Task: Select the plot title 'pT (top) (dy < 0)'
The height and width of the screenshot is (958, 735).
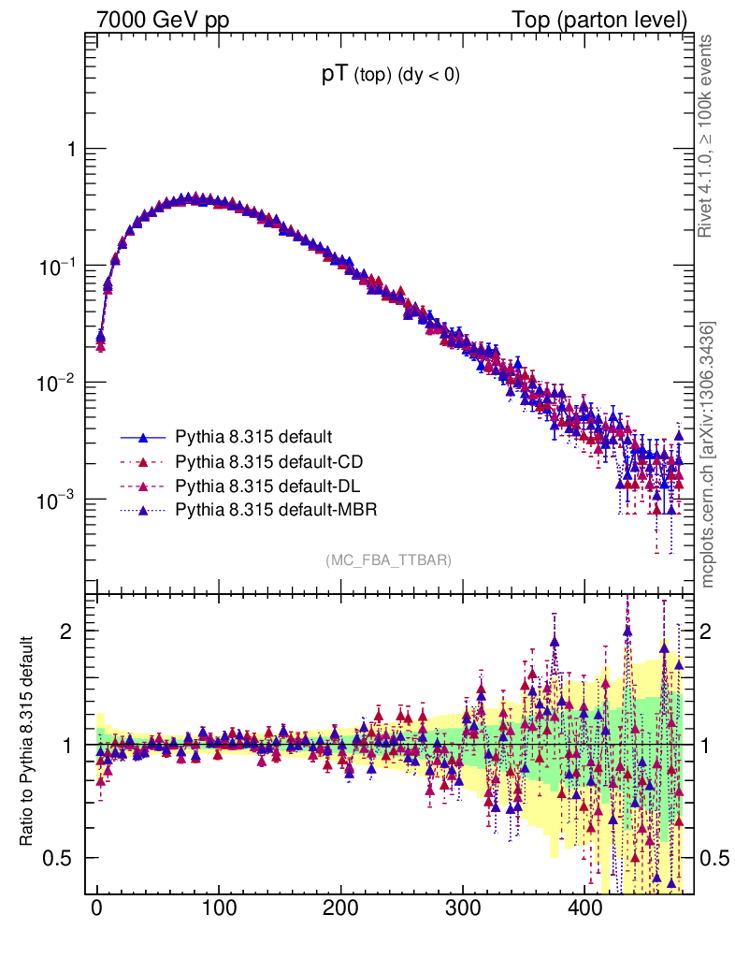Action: pos(390,77)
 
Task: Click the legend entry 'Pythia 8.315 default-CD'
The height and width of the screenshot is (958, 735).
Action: pos(268,461)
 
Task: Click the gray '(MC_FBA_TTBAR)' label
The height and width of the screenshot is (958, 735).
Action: pos(388,560)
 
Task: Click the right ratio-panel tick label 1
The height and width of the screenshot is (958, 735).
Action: pos(710,745)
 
